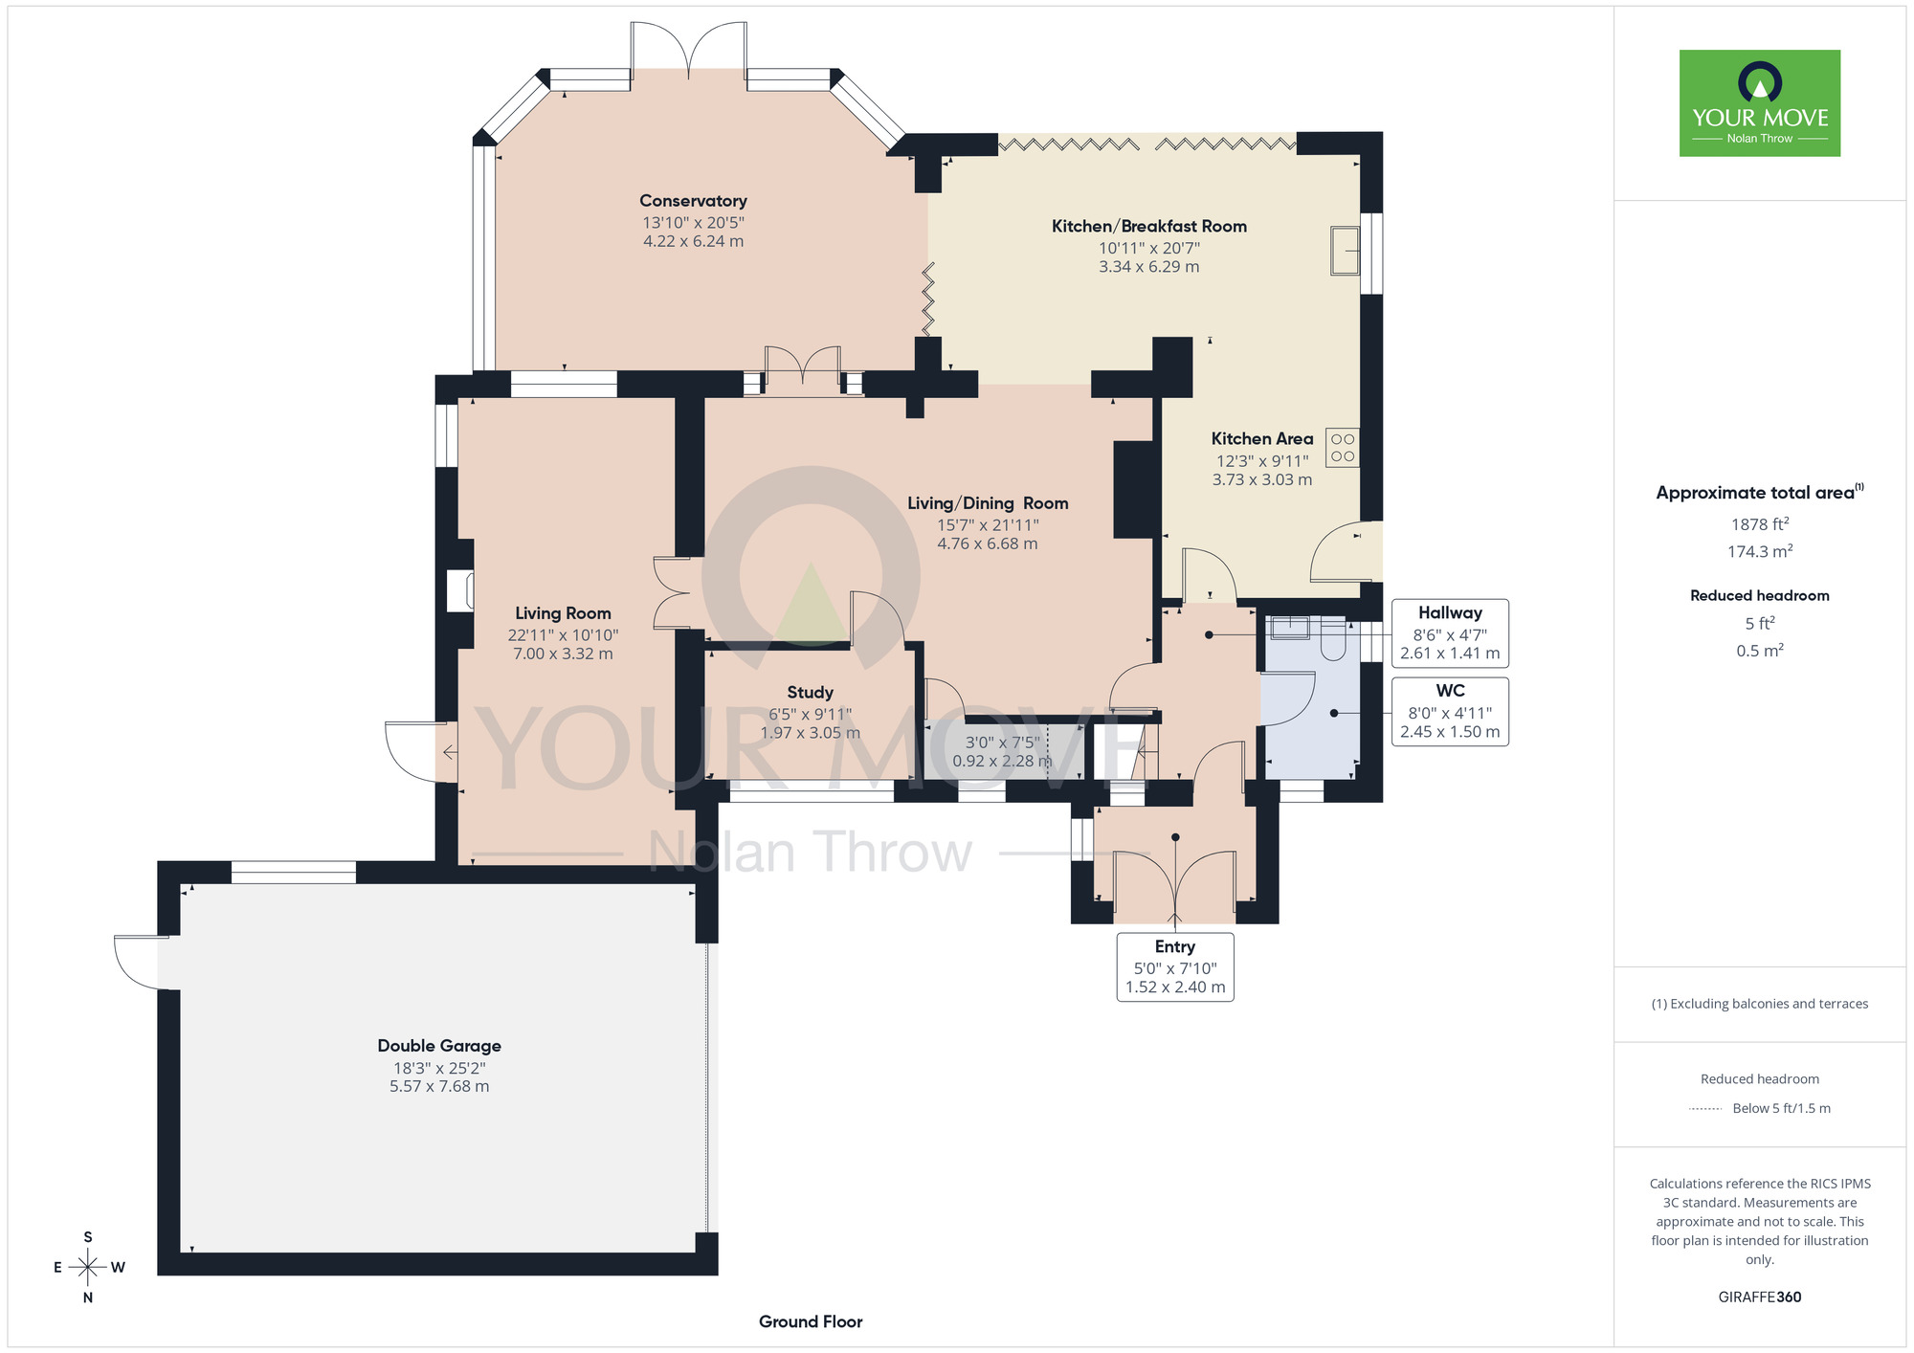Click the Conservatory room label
pyautogui.click(x=693, y=201)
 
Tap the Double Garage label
pyautogui.click(x=439, y=1046)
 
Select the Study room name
pyautogui.click(x=810, y=692)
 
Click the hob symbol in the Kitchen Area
pyautogui.click(x=1342, y=447)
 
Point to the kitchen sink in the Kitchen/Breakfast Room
pyautogui.click(x=1345, y=251)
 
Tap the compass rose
pyautogui.click(x=88, y=1268)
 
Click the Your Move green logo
pyautogui.click(x=1760, y=103)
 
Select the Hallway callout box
pyautogui.click(x=1450, y=632)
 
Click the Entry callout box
pyautogui.click(x=1175, y=966)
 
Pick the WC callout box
pyautogui.click(x=1450, y=711)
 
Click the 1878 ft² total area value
pyautogui.click(x=1760, y=524)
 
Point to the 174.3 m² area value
pyautogui.click(x=1760, y=551)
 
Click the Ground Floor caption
pyautogui.click(x=811, y=1321)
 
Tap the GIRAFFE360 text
pyautogui.click(x=1760, y=1298)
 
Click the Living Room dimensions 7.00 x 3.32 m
pyautogui.click(x=563, y=654)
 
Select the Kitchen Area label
pyautogui.click(x=1262, y=438)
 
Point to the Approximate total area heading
pyautogui.click(x=1760, y=492)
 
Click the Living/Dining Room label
pyautogui.click(x=988, y=503)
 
